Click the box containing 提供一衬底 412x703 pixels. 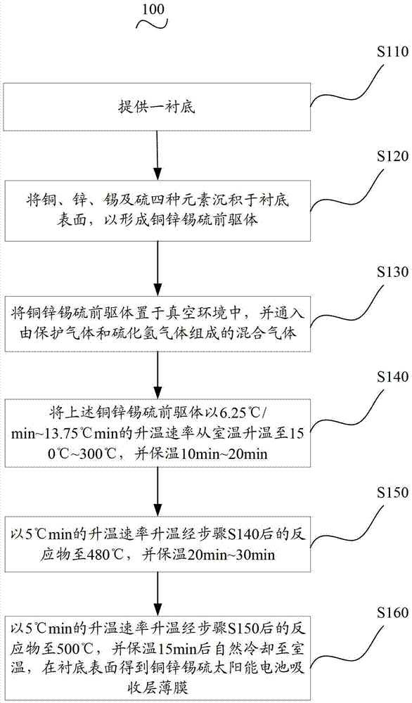tap(157, 107)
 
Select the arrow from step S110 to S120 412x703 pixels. tap(157, 155)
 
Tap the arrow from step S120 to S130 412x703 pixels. tap(157, 268)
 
